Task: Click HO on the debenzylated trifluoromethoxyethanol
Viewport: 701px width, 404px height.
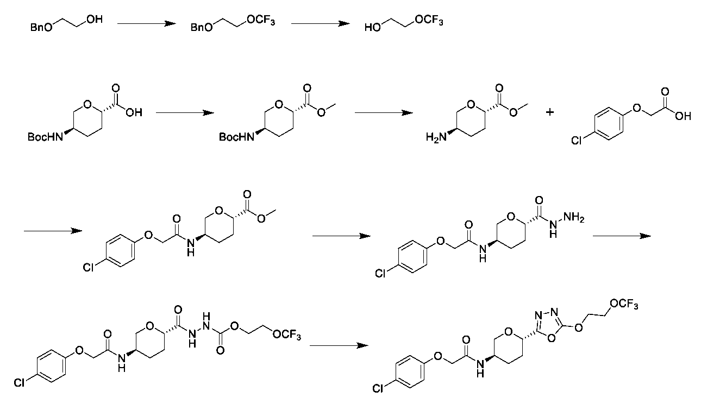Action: point(373,27)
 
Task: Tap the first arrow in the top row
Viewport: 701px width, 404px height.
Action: point(147,23)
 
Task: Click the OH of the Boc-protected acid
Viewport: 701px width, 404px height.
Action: point(134,113)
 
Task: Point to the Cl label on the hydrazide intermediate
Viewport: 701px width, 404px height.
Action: point(381,273)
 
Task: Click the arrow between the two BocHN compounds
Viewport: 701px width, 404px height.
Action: point(184,112)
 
